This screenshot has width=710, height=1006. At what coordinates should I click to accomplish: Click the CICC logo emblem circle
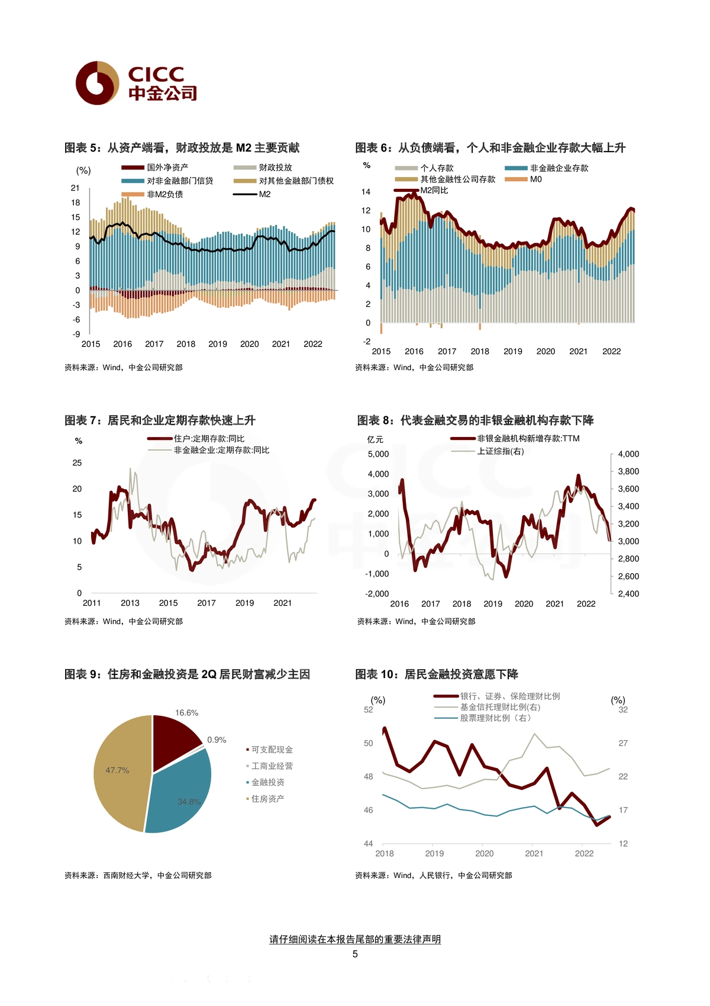point(98,83)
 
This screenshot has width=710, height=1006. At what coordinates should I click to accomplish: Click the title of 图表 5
point(182,148)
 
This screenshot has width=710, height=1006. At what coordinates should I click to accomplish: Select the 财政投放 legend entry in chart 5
point(263,168)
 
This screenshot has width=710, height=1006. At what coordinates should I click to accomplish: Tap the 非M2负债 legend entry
point(152,194)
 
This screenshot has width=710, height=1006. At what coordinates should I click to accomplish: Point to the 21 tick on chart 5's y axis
point(75,188)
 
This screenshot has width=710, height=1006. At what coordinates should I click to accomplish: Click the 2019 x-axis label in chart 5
point(218,344)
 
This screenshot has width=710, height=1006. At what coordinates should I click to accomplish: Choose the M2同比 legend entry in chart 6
point(421,191)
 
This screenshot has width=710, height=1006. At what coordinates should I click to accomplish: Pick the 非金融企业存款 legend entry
point(546,168)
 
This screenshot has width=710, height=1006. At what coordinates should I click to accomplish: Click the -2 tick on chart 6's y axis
point(367,341)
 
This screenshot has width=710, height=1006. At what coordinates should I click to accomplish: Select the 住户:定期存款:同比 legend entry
point(196,438)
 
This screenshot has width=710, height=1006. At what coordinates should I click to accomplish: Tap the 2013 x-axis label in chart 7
point(130,603)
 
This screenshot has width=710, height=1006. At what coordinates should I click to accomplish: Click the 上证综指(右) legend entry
point(488,451)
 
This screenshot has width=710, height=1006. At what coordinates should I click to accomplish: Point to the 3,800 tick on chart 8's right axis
point(628,471)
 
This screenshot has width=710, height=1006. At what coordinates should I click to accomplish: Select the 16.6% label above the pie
point(187,713)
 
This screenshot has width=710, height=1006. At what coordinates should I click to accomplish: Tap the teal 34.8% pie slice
point(182,795)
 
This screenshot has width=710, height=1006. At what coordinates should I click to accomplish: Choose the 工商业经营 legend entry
point(269,766)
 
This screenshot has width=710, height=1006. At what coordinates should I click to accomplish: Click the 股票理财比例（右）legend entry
point(483,718)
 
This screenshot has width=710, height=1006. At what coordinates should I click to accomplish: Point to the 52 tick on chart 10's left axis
point(369,709)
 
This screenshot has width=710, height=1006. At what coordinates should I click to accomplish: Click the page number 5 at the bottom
point(355,954)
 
